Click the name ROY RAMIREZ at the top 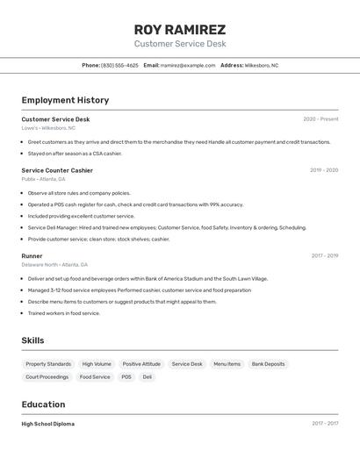[179, 29]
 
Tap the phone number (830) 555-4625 [119, 65]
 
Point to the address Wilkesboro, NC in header [262, 65]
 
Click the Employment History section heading [65, 100]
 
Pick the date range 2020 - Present [320, 119]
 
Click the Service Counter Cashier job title [57, 170]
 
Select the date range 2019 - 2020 [323, 170]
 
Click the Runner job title [32, 256]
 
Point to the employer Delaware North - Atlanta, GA [54, 265]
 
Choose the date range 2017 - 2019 [324, 256]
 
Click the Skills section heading [32, 340]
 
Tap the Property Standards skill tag [48, 364]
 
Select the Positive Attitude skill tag [141, 364]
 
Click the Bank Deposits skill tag [268, 364]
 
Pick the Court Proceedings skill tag [47, 377]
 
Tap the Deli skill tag [148, 377]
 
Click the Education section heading [43, 404]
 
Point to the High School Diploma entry [48, 424]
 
